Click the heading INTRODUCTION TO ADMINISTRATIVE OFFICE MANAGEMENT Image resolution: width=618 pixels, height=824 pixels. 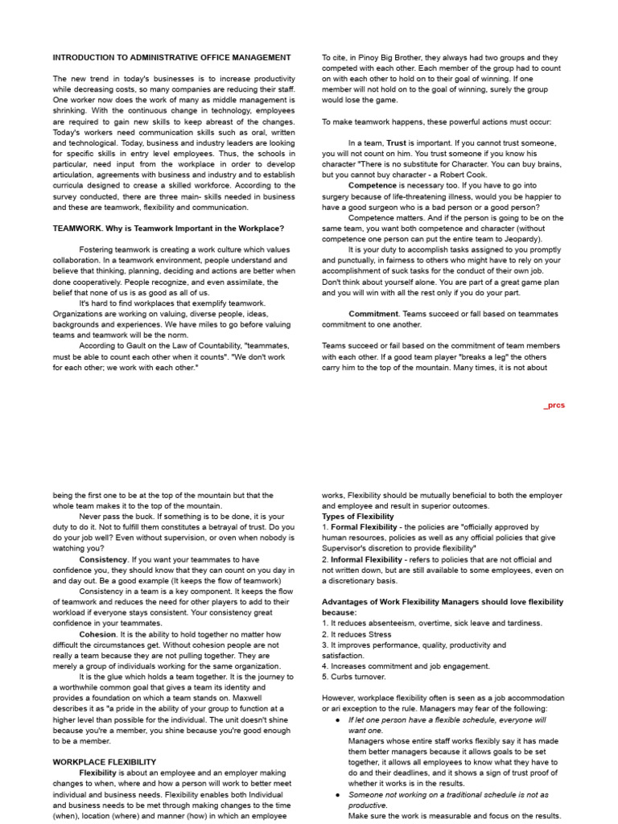point(172,58)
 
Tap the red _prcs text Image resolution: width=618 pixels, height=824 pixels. point(554,406)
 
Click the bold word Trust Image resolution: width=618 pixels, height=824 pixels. point(397,142)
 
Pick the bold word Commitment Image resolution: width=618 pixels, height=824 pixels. point(374,314)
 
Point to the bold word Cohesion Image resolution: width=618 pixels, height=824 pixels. point(97,634)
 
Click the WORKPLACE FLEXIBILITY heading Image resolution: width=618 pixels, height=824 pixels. point(105,761)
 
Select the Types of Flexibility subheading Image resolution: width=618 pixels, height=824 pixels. point(358,517)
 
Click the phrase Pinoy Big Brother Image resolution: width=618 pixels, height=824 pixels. point(380,58)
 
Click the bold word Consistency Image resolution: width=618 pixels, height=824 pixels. point(103,559)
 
